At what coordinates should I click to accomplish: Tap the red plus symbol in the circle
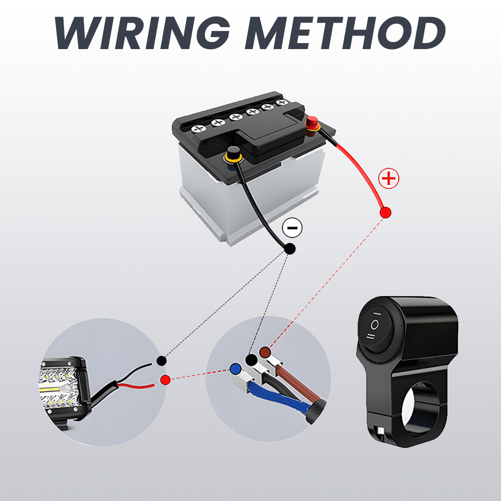point(388,179)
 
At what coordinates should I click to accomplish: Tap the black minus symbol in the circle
point(292,227)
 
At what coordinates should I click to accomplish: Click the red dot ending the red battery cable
point(385,212)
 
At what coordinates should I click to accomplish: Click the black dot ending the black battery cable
point(290,249)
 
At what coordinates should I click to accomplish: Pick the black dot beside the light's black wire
point(161,361)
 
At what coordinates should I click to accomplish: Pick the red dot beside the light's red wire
point(165,380)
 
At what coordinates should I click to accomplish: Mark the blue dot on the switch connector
point(235,369)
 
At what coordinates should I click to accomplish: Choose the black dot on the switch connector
point(250,360)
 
